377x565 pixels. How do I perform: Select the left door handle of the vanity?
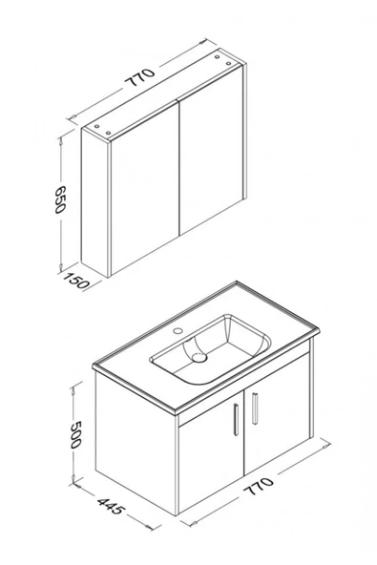(234, 421)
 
